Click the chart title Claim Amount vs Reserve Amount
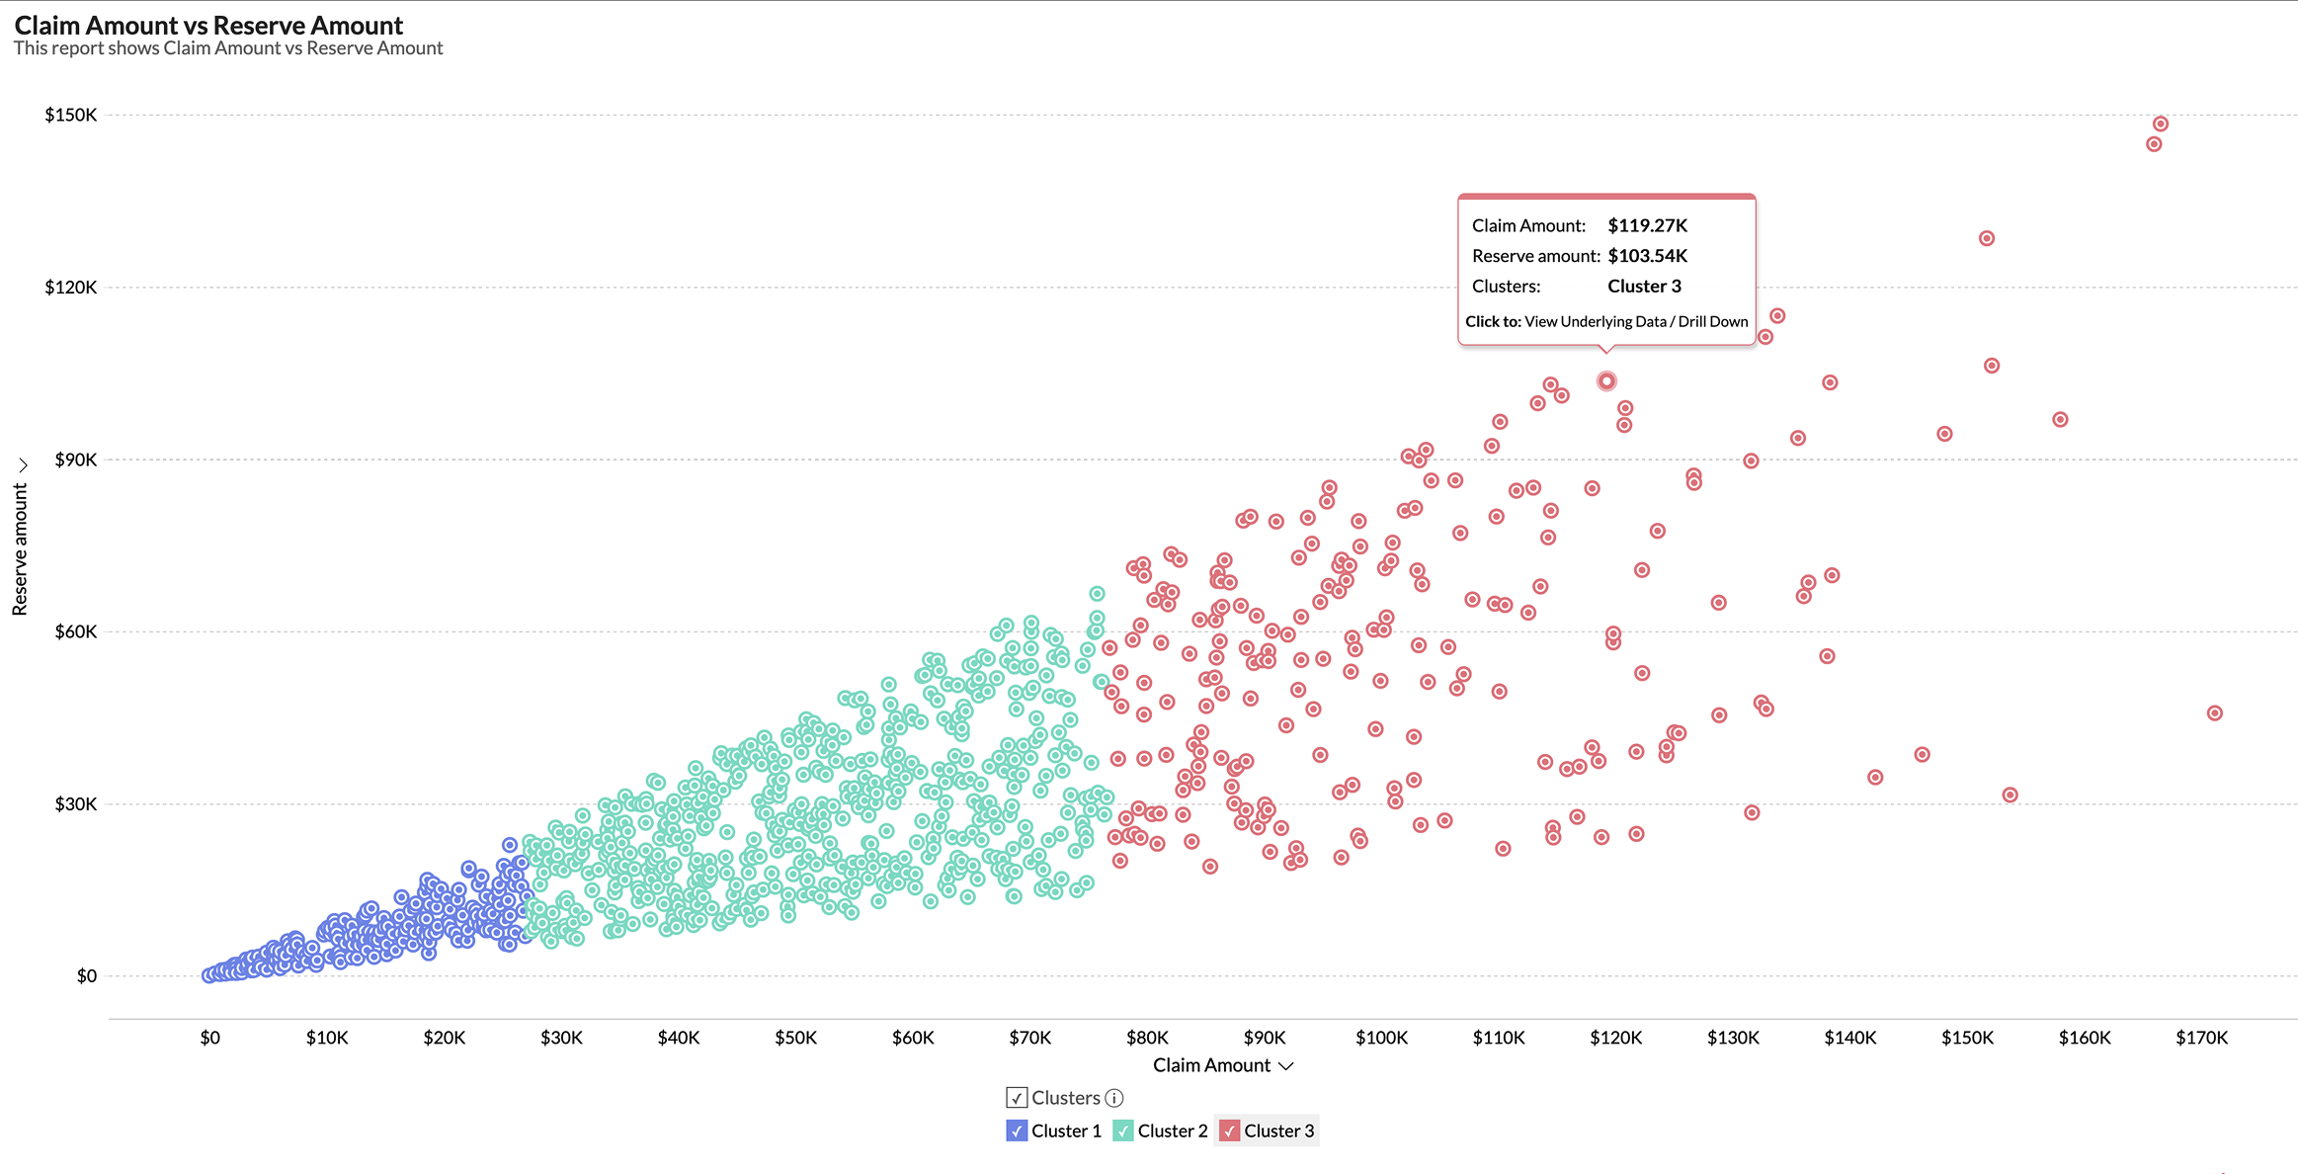click(208, 25)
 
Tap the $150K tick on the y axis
click(71, 115)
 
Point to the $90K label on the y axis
click(76, 460)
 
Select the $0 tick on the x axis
click(209, 1038)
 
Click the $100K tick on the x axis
click(1381, 1038)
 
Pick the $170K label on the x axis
click(2201, 1038)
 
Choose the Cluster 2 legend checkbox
click(1123, 1131)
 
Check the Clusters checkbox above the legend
click(1017, 1098)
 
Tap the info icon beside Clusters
click(1114, 1098)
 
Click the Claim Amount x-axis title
click(1212, 1065)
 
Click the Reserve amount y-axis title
click(20, 549)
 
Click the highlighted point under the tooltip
click(1606, 380)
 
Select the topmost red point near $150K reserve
click(2161, 124)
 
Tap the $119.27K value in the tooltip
click(1647, 225)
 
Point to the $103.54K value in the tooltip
click(1647, 256)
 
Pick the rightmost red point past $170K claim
click(2215, 713)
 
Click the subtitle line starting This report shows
click(228, 48)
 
